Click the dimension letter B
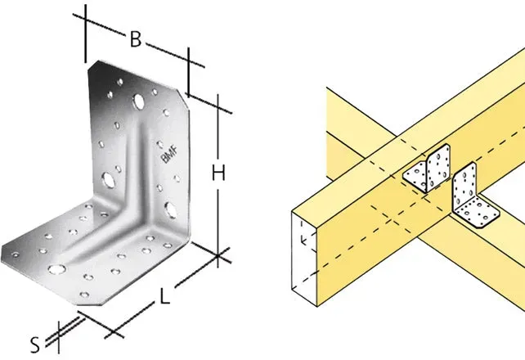point(136,39)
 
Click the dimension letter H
point(218,173)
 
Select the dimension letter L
point(164,297)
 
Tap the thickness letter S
point(35,345)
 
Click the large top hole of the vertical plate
point(138,101)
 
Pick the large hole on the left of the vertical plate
point(109,180)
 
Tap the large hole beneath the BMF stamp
point(171,210)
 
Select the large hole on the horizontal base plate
point(57,269)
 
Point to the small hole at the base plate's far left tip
point(15,254)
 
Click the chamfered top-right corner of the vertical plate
point(183,100)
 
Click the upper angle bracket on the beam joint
point(428,170)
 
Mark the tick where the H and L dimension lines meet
point(218,256)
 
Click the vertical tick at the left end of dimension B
point(85,34)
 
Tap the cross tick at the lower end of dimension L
point(113,335)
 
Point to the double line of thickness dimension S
point(65,331)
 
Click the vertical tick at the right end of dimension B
point(189,72)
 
